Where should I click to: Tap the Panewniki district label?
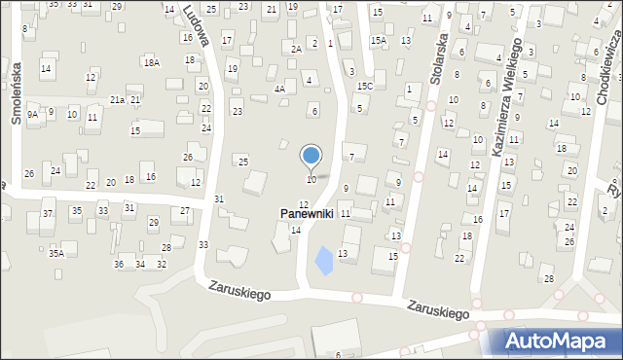pos(308,213)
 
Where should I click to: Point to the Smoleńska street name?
pos(16,97)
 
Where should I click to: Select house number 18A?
pos(151,62)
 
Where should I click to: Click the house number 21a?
pos(117,100)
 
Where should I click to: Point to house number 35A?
pos(56,253)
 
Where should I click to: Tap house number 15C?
pos(364,87)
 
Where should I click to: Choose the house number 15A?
pos(379,41)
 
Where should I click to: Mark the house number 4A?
pos(279,89)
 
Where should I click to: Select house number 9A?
pos(32,115)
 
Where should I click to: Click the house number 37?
pos(47,214)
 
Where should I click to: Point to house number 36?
pos(119,265)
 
